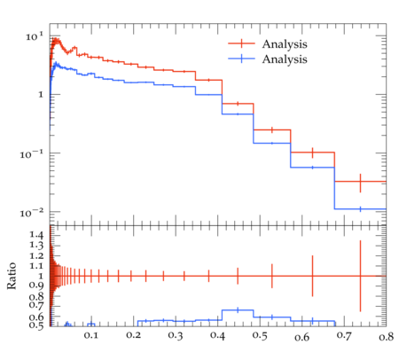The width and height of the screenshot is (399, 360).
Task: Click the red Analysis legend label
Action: coord(285,44)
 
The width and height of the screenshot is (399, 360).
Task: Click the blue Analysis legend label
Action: coord(285,59)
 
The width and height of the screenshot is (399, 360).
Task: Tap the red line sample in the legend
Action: coord(241,43)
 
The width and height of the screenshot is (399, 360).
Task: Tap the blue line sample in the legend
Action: coord(241,59)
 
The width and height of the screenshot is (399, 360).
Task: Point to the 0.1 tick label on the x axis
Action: coord(90,335)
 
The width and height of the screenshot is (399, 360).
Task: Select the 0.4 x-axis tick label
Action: coord(217,335)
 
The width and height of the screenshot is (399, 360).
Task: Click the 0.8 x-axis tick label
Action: coord(387,336)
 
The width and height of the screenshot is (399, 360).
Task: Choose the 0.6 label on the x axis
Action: coord(302,337)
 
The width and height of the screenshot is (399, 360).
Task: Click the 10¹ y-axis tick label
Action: coord(35,36)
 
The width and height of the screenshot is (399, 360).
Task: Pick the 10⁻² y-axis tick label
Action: coord(32,213)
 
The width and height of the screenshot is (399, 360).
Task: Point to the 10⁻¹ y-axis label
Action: coord(32,154)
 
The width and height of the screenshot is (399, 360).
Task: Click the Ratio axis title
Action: coord(12,276)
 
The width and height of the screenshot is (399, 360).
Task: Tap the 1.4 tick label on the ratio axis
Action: coord(36,235)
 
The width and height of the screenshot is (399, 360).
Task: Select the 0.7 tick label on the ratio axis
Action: coord(36,304)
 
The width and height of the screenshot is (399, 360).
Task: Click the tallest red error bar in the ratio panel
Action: coord(360,276)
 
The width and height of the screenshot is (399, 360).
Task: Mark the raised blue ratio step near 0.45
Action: coord(238,309)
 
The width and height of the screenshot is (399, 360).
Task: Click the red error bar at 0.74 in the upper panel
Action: coord(360,183)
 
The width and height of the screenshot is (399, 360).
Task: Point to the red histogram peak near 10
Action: coord(56,41)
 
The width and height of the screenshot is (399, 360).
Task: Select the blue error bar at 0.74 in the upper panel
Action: coord(360,209)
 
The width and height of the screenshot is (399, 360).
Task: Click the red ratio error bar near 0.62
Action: coord(312,276)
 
